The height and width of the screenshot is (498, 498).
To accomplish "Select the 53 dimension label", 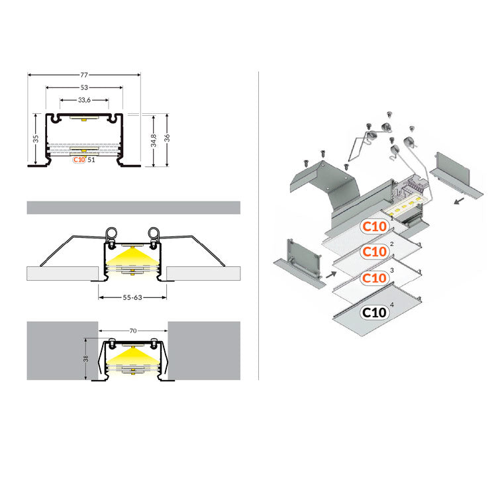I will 83,87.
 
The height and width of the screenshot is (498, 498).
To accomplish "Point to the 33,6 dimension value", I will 83,101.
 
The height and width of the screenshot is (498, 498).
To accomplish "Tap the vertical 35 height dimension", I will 36,139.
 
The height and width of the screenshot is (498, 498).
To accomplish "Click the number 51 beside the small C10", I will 91,160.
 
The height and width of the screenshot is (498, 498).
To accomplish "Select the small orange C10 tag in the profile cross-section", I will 79,160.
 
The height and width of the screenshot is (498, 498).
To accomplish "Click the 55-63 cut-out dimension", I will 132,298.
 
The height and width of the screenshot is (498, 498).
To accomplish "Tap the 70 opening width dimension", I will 132,329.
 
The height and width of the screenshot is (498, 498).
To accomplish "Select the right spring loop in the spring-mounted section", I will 154,234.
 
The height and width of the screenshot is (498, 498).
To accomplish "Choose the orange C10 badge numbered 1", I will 374,226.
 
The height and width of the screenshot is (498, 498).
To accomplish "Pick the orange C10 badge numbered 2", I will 374,252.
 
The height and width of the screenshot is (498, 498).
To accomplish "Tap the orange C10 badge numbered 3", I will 374,277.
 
